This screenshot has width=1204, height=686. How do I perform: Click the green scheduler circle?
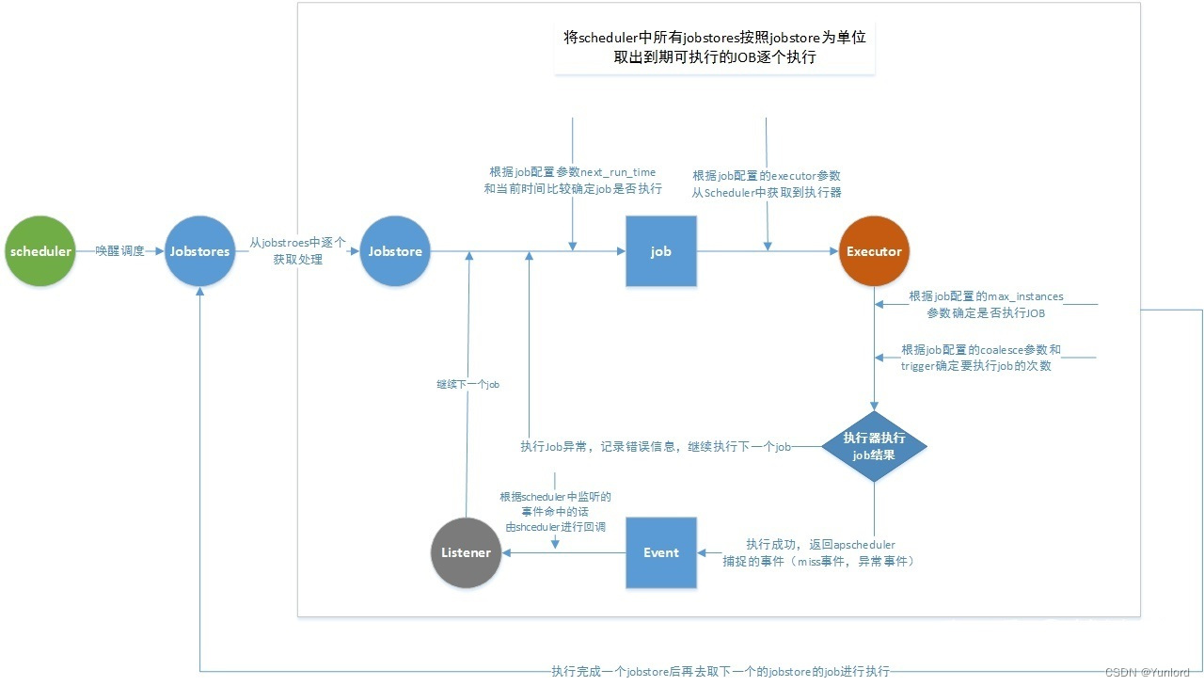[x=40, y=251]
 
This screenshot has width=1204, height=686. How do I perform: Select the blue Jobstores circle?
[x=199, y=251]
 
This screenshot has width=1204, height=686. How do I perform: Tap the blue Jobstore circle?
[x=395, y=251]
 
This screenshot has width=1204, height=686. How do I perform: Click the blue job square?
[x=661, y=251]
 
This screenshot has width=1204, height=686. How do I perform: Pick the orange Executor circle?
[x=874, y=251]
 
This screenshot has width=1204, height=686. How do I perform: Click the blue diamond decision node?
[x=875, y=446]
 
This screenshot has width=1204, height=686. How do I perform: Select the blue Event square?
[x=661, y=552]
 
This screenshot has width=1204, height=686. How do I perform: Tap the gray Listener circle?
[x=466, y=552]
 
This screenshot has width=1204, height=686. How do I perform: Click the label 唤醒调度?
[x=120, y=251]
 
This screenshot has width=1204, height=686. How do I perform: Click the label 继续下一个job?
[x=467, y=384]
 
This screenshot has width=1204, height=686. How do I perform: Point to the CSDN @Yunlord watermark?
[x=1147, y=672]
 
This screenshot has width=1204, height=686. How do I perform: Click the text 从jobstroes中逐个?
[x=298, y=243]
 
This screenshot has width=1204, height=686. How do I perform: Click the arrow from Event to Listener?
[x=564, y=552]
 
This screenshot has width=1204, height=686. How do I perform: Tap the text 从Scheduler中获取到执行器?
[x=767, y=192]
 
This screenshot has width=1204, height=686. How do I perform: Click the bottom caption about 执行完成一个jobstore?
[x=720, y=671]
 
